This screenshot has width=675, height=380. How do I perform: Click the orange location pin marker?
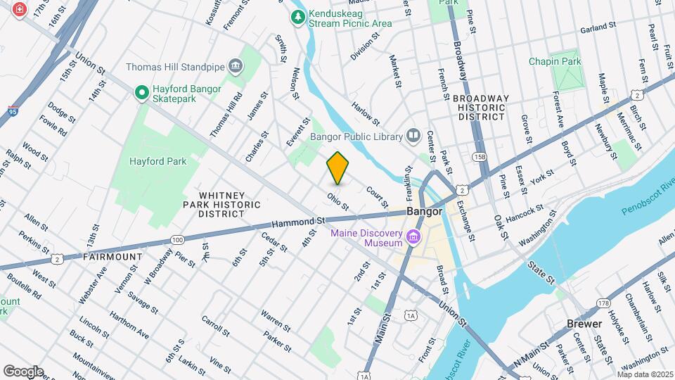[x=338, y=168]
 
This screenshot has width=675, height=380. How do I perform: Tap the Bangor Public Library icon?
[x=413, y=136]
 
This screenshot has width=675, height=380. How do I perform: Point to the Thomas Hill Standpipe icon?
[x=235, y=68]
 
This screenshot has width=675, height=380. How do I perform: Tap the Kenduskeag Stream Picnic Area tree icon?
[x=299, y=16]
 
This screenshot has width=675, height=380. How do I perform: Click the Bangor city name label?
[x=425, y=211]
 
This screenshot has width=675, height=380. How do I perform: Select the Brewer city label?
[x=584, y=324]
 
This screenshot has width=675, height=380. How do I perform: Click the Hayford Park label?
[x=158, y=161]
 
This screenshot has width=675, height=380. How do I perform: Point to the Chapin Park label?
[x=555, y=61]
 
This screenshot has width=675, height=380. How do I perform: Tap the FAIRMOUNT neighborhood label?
[x=112, y=257]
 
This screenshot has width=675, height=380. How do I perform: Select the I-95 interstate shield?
[x=13, y=110]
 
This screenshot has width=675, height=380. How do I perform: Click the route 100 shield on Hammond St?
[x=177, y=241]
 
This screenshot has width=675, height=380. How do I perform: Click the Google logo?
[x=23, y=371]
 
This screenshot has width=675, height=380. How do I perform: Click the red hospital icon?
[x=18, y=11]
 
